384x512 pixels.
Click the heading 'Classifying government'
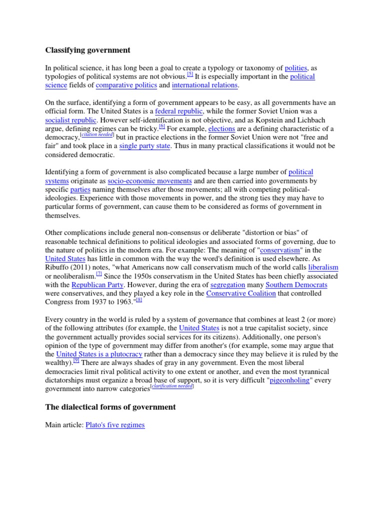point(87,50)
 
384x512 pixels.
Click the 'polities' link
point(296,68)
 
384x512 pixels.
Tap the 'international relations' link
point(204,85)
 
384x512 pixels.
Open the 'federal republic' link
point(179,111)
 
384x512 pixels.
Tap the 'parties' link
point(80,190)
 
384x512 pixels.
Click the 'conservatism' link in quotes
point(280,250)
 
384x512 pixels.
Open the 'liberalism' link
point(323,268)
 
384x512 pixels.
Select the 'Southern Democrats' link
point(296,285)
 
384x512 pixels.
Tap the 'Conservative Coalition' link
point(241,294)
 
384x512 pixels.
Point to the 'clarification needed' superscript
point(173,386)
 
